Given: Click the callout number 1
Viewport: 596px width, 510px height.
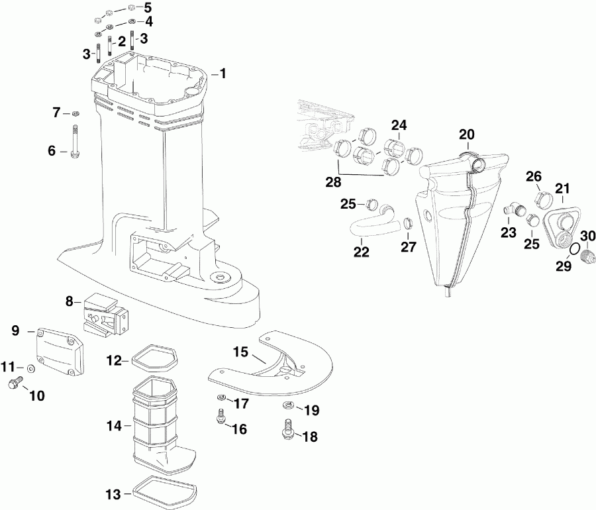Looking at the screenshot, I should point(223,74).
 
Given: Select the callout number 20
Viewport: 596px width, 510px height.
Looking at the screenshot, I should point(467,134).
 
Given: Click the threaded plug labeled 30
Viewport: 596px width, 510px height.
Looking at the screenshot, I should point(585,258).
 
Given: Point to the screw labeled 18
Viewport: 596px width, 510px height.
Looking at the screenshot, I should point(288,428).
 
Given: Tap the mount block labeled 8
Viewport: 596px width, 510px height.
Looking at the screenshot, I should point(105,314).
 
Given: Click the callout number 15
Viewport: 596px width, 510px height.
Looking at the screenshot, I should point(239,350).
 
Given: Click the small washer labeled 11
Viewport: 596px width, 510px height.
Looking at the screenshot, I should point(31,368).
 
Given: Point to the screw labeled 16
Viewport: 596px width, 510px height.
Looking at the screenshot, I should point(221,417).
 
